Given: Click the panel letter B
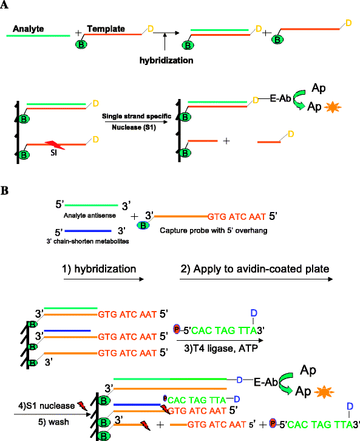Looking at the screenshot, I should pos(5,190).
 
